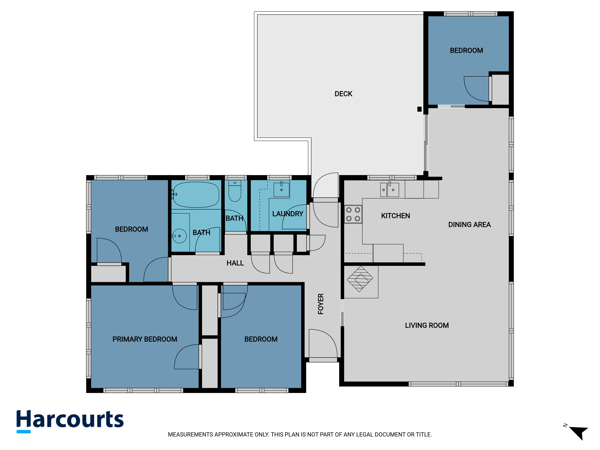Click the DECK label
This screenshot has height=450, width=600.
point(343,94)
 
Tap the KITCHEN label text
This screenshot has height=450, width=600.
point(396,216)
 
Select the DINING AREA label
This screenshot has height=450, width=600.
point(469,225)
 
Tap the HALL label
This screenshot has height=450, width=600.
point(235,263)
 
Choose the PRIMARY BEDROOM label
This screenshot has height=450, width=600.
point(145,339)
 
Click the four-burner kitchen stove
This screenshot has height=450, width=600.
point(353,214)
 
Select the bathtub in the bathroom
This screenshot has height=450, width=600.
point(196,195)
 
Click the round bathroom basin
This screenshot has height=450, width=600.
point(179,236)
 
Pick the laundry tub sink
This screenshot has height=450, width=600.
point(282,190)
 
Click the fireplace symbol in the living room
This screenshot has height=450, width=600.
point(360,279)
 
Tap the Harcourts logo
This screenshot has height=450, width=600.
point(70,421)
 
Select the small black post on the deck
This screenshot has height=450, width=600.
point(419,109)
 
